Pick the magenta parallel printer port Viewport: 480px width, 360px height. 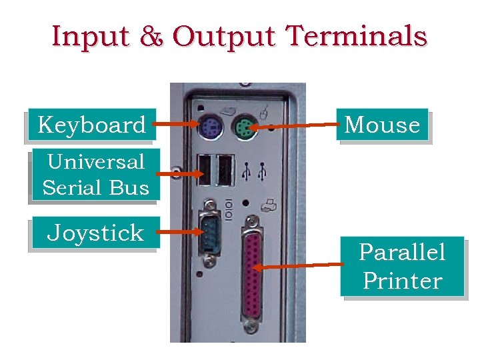pyautogui.click(x=252, y=274)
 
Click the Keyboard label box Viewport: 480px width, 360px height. pyautogui.click(x=91, y=125)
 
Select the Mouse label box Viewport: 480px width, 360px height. pyautogui.click(x=382, y=125)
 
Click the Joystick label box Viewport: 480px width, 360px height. pyautogui.click(x=95, y=233)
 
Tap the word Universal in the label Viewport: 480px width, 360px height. pyautogui.click(x=95, y=161)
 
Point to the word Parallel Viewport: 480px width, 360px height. pyautogui.click(x=401, y=252)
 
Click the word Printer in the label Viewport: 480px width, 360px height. pyautogui.click(x=401, y=280)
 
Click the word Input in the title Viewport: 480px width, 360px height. pyautogui.click(x=92, y=36)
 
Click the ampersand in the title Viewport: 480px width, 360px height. pyautogui.click(x=153, y=36)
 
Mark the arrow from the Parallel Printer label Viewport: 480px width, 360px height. pyautogui.click(x=300, y=266)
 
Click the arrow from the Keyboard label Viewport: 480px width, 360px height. pyautogui.click(x=177, y=123)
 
